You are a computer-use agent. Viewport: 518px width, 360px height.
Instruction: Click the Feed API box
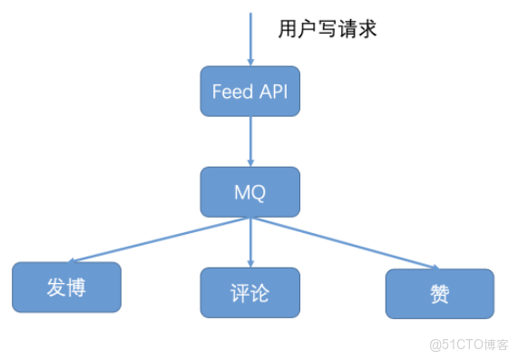tap(249, 91)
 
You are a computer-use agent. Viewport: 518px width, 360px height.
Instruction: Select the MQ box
tap(249, 191)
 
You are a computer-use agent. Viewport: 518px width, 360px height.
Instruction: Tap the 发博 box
tap(66, 287)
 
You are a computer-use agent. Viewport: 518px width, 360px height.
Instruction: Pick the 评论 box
tap(249, 293)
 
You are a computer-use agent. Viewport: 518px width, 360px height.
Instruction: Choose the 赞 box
tap(440, 294)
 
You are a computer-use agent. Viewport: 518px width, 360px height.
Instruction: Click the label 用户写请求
tap(327, 29)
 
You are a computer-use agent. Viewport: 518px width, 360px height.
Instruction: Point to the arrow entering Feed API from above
tap(249, 41)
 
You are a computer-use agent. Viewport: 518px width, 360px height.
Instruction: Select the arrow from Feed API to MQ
tap(249, 141)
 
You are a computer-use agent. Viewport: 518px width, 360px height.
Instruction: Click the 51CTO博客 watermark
tap(468, 345)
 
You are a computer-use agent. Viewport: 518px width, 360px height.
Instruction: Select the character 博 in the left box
tap(78, 287)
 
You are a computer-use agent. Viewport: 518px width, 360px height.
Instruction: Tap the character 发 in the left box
tap(55, 287)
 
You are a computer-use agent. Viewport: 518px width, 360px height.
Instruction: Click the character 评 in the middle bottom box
tap(239, 294)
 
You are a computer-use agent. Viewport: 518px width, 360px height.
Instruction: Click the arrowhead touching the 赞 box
tap(433, 267)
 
